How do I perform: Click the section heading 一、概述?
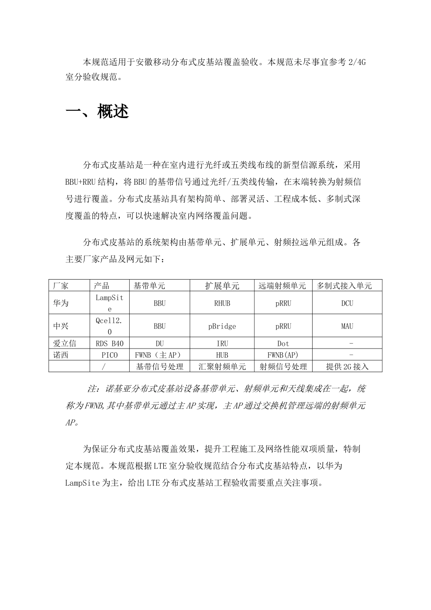click(97, 112)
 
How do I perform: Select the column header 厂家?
click(61, 285)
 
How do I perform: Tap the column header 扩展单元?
click(222, 285)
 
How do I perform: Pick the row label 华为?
click(61, 303)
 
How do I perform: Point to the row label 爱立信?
click(64, 344)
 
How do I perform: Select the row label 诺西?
click(61, 355)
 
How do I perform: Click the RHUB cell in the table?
click(222, 303)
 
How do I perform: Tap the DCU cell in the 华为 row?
click(347, 303)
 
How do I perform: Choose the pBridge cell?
click(222, 326)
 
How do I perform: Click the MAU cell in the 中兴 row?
click(347, 326)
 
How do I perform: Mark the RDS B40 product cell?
click(109, 344)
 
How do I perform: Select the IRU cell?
click(222, 344)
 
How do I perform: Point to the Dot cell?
click(283, 344)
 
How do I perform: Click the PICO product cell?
click(109, 355)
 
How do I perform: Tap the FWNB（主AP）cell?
click(159, 355)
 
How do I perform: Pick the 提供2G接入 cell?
click(347, 366)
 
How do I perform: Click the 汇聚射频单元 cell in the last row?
click(222, 366)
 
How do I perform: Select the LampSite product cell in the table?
click(109, 303)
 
